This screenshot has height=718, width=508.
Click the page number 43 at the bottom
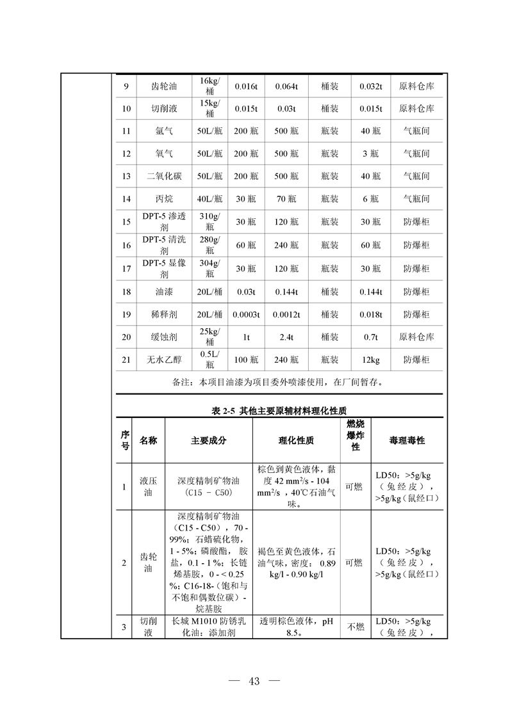[x=254, y=682]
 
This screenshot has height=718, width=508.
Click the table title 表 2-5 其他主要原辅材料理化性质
[x=279, y=410]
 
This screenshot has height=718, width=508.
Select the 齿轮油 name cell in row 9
[x=165, y=86]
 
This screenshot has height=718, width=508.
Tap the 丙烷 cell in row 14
[x=164, y=199]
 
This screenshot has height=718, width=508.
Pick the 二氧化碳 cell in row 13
[x=164, y=176]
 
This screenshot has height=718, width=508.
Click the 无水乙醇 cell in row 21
[x=164, y=360]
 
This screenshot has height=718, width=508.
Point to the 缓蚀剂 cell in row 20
[x=164, y=337]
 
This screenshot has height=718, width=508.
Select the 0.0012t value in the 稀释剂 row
[x=286, y=314]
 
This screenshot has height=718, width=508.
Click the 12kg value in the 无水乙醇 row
[x=370, y=360]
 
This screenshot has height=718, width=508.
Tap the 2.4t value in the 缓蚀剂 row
[x=286, y=337]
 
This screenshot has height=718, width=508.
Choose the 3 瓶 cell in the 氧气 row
[x=370, y=154]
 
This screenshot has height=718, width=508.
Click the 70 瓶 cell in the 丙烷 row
[x=286, y=199]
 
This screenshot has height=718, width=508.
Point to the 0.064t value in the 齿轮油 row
[x=286, y=86]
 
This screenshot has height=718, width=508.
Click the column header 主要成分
[x=209, y=441]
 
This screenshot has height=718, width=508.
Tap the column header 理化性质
[x=296, y=441]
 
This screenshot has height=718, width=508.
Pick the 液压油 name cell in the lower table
[x=148, y=486]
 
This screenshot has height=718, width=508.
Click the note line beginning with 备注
[x=278, y=383]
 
